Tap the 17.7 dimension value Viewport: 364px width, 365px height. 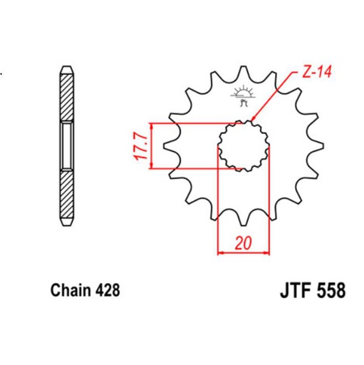tap(140, 146)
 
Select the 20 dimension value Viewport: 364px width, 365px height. tap(244, 242)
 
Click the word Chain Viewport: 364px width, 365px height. tap(71, 292)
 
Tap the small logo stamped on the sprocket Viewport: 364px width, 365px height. tap(243, 96)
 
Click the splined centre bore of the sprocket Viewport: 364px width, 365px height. tap(243, 145)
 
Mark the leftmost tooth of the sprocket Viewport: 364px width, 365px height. tap(168, 147)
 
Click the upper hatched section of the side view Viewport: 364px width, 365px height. tap(66, 97)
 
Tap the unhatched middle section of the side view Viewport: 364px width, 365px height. tap(66, 145)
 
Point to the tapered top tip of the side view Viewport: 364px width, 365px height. tap(66, 68)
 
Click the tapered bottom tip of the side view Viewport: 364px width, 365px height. tap(66, 222)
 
